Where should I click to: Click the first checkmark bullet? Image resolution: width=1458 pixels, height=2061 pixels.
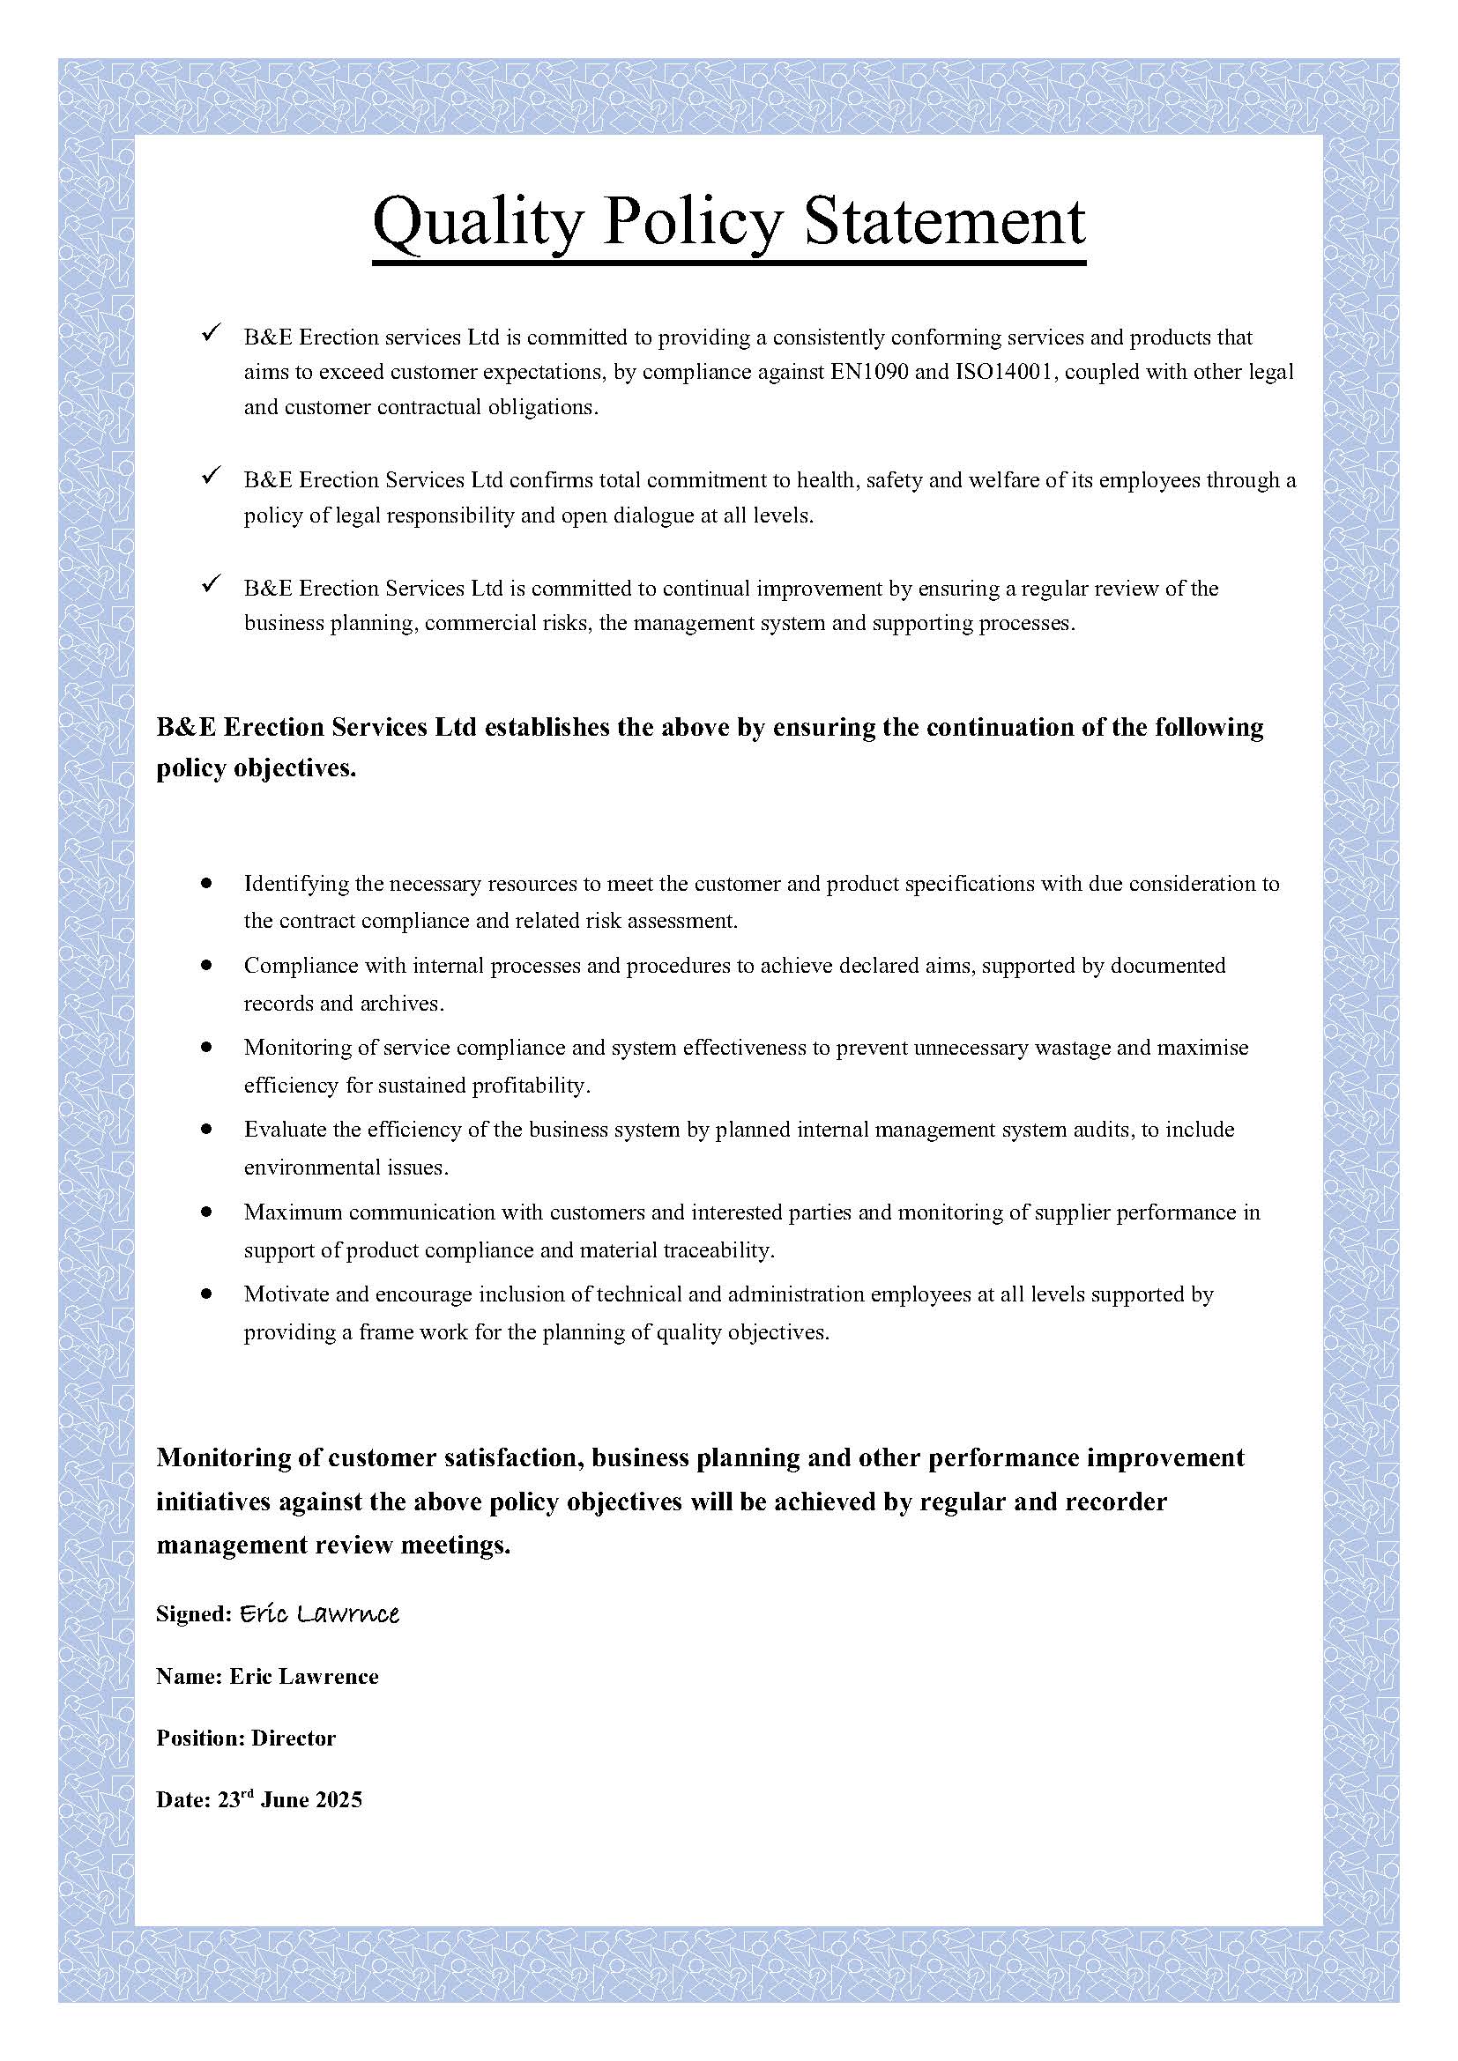point(212,334)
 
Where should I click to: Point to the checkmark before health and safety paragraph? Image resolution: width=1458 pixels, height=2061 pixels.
point(212,477)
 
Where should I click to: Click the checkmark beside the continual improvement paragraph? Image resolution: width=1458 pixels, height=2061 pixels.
point(212,585)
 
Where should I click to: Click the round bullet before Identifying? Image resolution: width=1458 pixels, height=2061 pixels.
point(207,883)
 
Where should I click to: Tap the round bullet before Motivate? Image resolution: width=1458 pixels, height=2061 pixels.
point(207,1294)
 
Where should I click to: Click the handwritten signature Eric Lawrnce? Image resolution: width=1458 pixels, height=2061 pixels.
point(319,1614)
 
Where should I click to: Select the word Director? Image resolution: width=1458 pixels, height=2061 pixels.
point(294,1738)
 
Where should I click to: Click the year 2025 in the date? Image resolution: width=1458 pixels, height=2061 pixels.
point(338,1800)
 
